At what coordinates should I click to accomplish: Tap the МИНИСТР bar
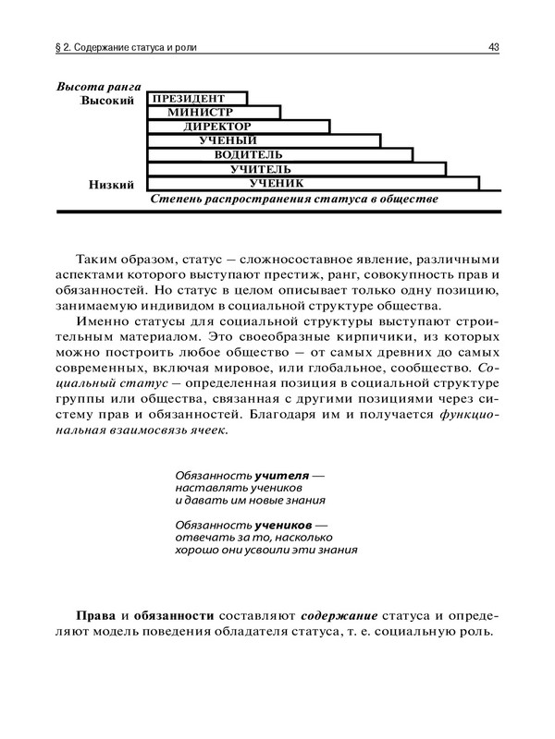pyautogui.click(x=213, y=112)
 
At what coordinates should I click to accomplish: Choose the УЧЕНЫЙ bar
pyautogui.click(x=264, y=140)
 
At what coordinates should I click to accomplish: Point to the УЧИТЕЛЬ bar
pyautogui.click(x=296, y=169)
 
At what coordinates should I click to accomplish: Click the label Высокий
pyautogui.click(x=108, y=99)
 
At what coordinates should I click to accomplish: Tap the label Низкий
pyautogui.click(x=112, y=184)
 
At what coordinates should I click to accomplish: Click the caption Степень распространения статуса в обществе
pyautogui.click(x=293, y=199)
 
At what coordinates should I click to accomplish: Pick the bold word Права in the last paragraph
pyautogui.click(x=98, y=614)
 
